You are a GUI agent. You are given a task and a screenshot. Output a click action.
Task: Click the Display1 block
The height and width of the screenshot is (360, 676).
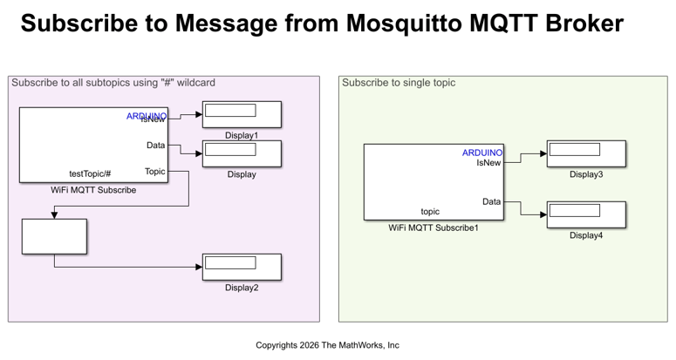242,114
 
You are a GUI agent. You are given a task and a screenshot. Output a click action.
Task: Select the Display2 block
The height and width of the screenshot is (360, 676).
242,267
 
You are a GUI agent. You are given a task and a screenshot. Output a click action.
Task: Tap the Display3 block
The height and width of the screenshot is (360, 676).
586,153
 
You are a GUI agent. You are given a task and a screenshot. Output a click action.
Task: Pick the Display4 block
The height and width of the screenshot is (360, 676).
586,214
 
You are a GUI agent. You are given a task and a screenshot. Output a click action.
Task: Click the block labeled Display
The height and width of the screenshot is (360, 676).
242,153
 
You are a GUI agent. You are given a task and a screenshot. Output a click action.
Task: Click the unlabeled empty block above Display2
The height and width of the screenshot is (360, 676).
54,236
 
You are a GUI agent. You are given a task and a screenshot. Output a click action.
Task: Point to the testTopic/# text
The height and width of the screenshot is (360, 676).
90,173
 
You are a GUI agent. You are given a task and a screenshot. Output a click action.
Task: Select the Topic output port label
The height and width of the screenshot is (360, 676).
154,172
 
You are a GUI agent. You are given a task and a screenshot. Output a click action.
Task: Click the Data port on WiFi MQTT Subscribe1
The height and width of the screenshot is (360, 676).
492,201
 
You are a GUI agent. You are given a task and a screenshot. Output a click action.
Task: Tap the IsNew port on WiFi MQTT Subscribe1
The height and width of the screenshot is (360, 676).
488,162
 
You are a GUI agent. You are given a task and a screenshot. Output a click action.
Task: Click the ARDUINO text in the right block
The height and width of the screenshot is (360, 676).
481,153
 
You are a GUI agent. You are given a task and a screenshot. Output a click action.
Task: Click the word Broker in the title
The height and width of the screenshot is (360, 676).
584,24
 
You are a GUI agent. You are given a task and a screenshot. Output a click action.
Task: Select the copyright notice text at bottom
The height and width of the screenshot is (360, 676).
327,345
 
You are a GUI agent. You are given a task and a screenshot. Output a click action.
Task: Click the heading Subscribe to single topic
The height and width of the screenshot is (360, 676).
399,83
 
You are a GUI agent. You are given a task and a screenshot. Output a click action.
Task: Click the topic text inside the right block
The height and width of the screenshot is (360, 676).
430,211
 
